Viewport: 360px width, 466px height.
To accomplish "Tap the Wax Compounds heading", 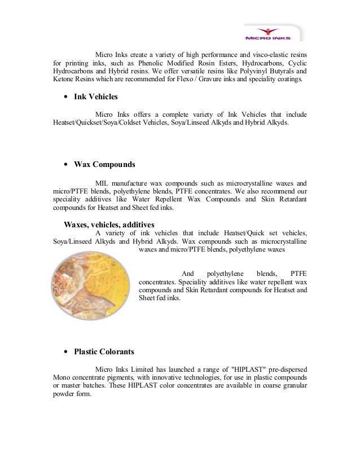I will (104, 165).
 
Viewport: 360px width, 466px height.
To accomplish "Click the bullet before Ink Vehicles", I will (67, 98).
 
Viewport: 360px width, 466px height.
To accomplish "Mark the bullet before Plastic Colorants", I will (67, 352).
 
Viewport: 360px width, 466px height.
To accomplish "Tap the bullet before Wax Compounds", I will (67, 165).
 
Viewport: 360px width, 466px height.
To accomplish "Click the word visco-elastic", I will (271, 55).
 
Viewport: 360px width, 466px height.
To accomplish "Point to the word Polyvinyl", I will (246, 72).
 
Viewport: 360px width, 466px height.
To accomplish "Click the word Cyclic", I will (297, 63).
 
